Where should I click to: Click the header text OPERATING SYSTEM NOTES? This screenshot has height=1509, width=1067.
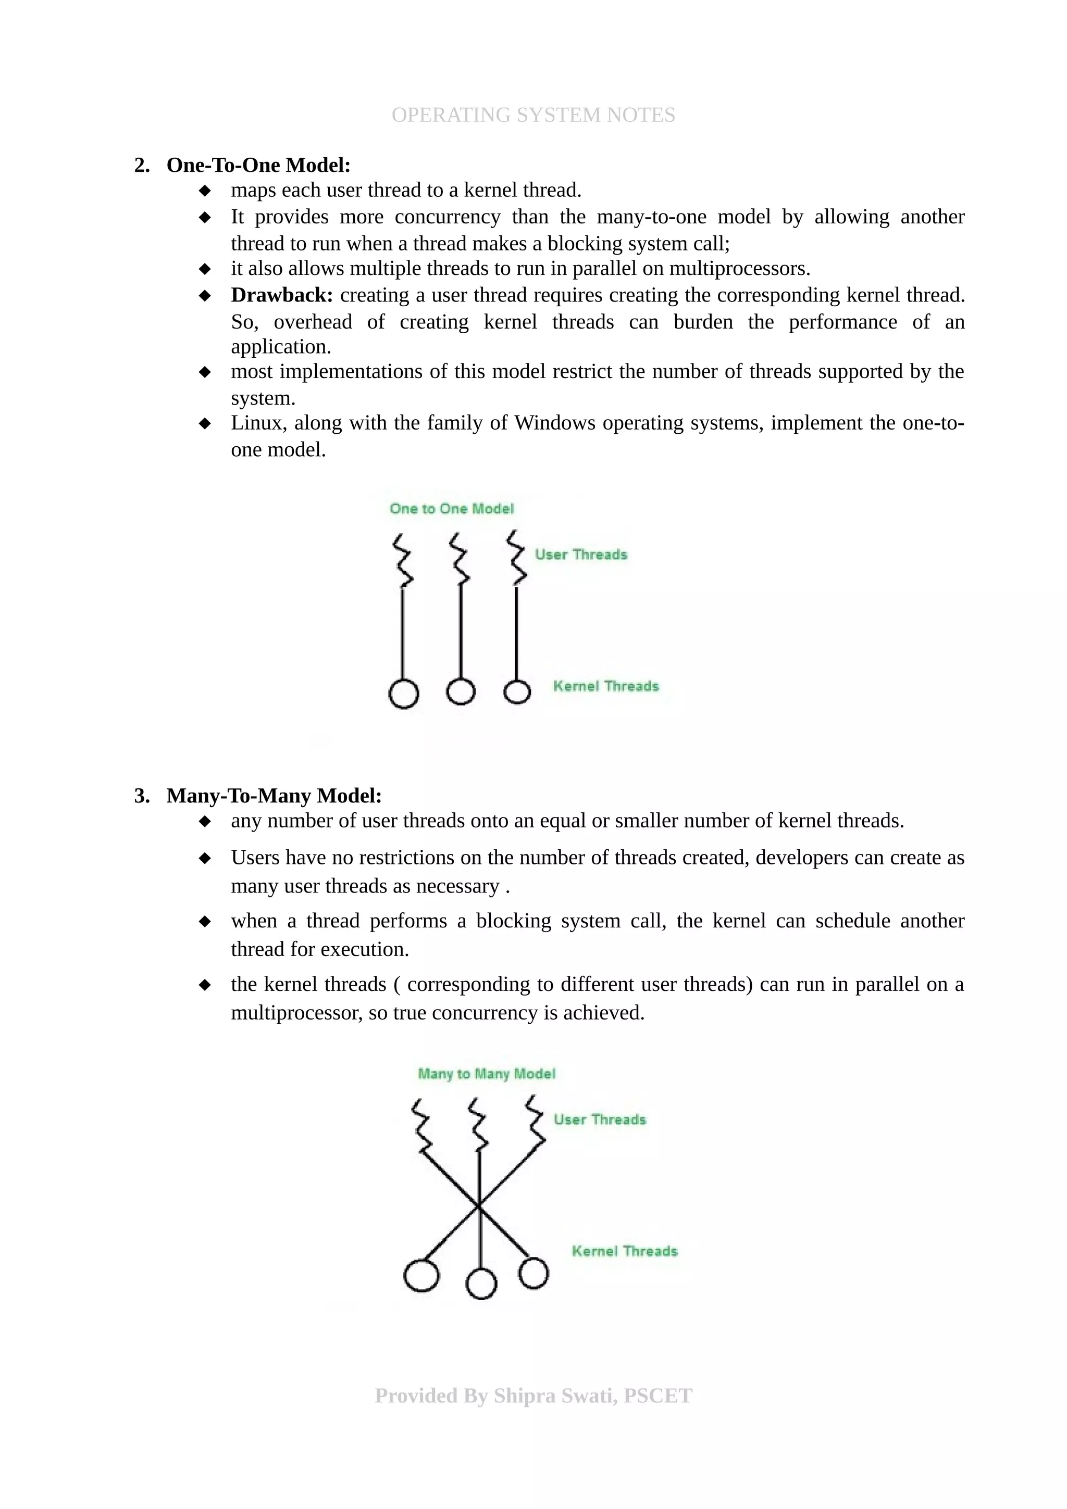[x=533, y=115]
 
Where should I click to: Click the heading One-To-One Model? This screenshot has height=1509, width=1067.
[x=258, y=165]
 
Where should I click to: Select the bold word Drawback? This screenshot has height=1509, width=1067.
[x=282, y=295]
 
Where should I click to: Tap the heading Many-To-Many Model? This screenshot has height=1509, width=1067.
[x=274, y=796]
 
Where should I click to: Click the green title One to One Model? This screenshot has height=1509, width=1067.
[x=452, y=509]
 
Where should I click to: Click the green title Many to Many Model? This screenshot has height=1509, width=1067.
[x=487, y=1074]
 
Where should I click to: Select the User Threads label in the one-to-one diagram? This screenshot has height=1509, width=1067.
[x=581, y=555]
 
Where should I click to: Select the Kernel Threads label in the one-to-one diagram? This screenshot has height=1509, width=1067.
[x=605, y=686]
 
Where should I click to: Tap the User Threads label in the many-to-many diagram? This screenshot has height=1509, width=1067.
[x=600, y=1120]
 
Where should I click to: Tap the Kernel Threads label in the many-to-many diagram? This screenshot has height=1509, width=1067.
[x=625, y=1251]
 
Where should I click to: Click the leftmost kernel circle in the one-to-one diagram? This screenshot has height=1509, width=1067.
[x=404, y=694]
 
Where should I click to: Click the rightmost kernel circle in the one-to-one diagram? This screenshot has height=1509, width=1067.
[x=517, y=692]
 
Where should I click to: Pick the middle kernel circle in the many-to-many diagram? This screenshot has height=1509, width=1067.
[x=481, y=1284]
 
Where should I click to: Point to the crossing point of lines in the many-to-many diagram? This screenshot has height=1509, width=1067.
[x=479, y=1206]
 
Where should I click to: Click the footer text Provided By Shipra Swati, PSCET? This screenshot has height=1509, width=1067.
[x=533, y=1396]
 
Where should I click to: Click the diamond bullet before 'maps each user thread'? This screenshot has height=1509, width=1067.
[x=205, y=191]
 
